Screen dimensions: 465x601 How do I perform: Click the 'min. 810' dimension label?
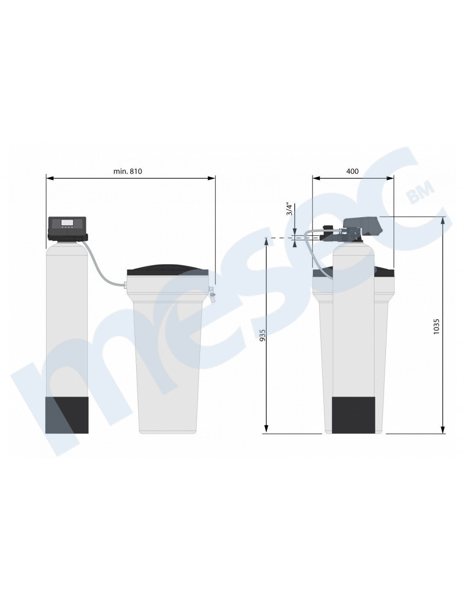(128, 171)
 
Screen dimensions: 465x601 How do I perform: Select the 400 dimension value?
(353, 171)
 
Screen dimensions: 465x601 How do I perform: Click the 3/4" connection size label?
(289, 210)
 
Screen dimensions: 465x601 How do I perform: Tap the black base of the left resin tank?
(67, 415)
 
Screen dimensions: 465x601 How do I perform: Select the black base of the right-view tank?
(353, 415)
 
